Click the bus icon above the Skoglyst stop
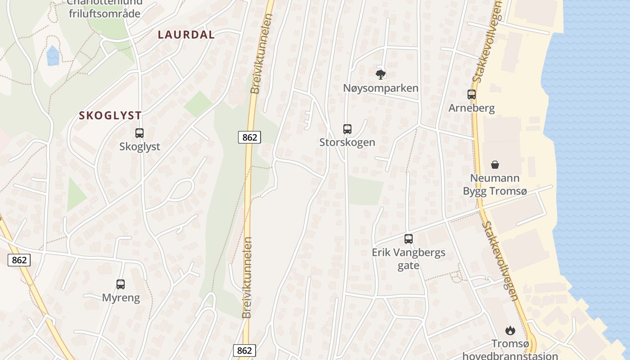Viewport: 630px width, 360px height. coord(139,133)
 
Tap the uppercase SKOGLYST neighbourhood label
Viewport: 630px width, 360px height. coord(110,116)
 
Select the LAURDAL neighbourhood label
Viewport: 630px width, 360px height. coord(186,35)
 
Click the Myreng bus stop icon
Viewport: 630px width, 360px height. coord(121,284)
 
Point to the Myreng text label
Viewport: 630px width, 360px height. coord(121,298)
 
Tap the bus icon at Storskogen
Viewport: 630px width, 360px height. coord(347,129)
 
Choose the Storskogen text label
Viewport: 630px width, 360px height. coord(347,143)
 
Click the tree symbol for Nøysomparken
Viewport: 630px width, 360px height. coord(381,74)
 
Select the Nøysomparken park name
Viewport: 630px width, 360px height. coord(381,88)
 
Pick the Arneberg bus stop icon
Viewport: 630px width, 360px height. coord(472,94)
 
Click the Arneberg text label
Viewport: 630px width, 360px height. coord(472,108)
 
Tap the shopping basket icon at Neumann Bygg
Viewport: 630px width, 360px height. coord(495,165)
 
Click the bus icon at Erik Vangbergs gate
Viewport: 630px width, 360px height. coord(409,239)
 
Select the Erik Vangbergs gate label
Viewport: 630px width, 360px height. coord(409,259)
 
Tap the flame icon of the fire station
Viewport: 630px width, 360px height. coord(510,331)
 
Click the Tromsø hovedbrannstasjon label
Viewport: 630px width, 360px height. coord(510,350)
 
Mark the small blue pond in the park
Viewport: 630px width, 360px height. coord(53,55)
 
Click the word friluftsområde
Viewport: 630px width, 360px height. coord(104,13)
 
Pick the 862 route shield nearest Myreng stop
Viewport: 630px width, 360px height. coord(19,260)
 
